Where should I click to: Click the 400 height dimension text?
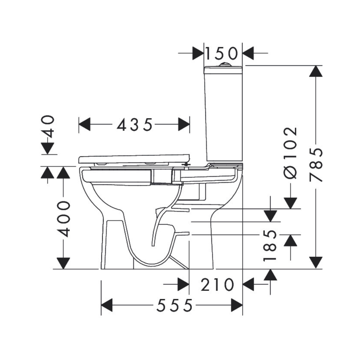tap(63, 219)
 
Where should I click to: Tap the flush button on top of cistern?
tap(225, 65)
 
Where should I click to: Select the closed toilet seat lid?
tap(134, 159)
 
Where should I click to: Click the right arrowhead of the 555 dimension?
tap(237, 306)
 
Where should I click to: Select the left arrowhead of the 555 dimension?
tap(107, 306)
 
